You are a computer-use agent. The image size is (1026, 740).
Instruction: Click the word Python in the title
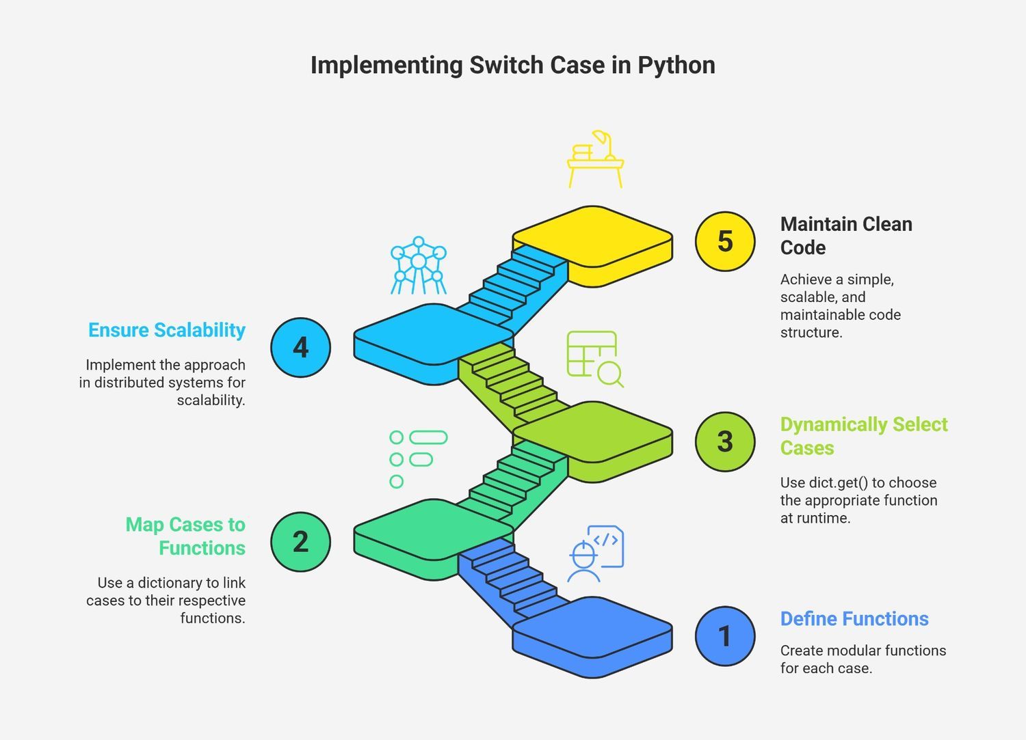(676, 66)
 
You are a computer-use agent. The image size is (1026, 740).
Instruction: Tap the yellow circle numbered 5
(725, 241)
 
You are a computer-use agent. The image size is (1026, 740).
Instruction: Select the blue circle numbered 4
(300, 347)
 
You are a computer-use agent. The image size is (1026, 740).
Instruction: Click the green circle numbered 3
(725, 441)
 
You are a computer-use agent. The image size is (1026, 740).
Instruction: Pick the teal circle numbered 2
(300, 542)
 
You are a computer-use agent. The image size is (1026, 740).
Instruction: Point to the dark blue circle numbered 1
(725, 636)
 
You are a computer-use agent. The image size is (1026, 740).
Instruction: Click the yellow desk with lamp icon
(596, 159)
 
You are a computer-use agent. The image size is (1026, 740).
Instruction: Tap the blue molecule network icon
(418, 265)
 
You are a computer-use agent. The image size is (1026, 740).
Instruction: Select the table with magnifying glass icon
(595, 359)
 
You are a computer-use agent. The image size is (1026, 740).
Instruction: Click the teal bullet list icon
(418, 459)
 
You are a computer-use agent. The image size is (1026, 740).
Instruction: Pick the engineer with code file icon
(596, 553)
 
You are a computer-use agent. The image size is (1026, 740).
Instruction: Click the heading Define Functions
(854, 619)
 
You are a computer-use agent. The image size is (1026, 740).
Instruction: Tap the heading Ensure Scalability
(167, 331)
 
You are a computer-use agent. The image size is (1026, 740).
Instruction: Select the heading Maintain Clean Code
(847, 236)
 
